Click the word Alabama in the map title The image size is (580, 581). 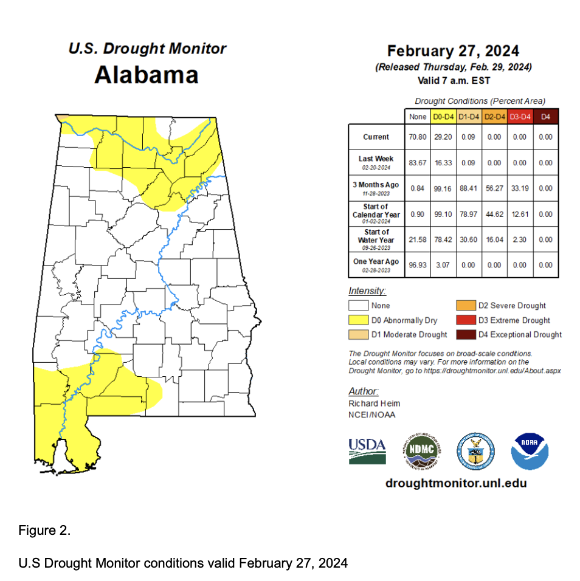click(x=147, y=75)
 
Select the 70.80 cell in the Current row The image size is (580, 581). click(x=417, y=137)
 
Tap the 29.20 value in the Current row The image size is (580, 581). click(x=443, y=137)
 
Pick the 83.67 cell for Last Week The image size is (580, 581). click(x=417, y=163)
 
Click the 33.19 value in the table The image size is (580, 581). click(x=519, y=188)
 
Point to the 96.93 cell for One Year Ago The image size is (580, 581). click(x=417, y=265)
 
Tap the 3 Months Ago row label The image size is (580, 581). click(x=376, y=185)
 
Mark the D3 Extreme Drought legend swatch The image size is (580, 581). click(x=466, y=320)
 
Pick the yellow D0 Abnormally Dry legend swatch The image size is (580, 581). click(x=358, y=320)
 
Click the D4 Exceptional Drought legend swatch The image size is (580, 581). click(x=466, y=335)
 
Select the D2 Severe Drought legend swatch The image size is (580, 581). click(x=466, y=306)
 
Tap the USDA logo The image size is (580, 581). click(x=367, y=451)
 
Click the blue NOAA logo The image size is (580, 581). click(x=530, y=452)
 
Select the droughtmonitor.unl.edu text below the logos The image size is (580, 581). click(x=456, y=484)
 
